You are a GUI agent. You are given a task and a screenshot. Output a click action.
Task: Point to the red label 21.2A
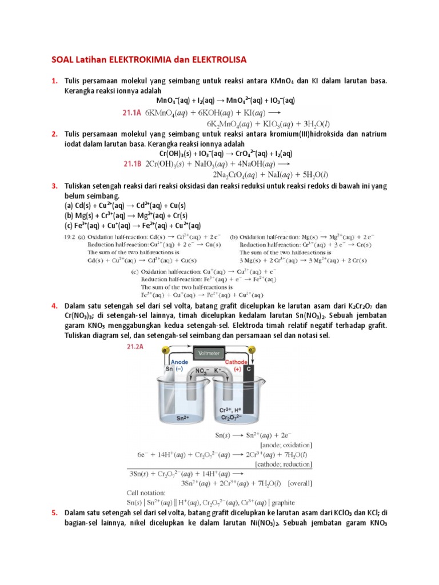[135, 346]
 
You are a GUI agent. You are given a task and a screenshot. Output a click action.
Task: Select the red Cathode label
[236, 362]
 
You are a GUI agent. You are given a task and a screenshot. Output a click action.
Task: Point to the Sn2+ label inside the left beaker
[182, 418]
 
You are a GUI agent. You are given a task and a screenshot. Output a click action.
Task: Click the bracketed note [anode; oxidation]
[286, 444]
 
